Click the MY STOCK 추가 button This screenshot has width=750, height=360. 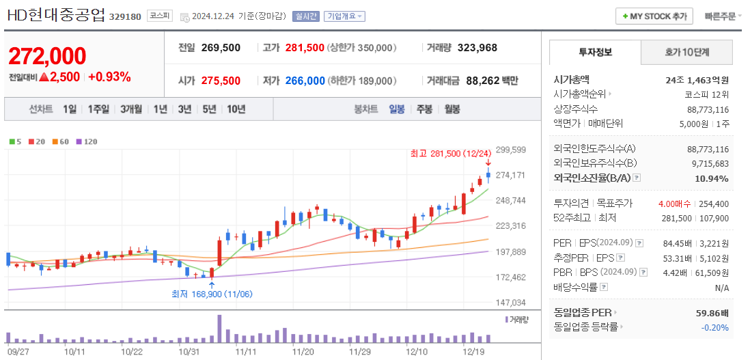coord(654,16)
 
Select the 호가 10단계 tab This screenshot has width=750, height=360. coord(686,52)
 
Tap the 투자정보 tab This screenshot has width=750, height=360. coord(595,52)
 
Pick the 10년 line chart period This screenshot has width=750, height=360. coord(236,109)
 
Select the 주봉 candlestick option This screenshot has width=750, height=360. coord(424,109)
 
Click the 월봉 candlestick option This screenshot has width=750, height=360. coord(452,109)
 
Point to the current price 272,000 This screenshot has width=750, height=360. coord(47,56)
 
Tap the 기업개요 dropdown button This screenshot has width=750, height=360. coord(344,16)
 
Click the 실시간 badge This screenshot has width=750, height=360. coord(305,16)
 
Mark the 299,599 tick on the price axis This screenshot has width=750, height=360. coord(510,150)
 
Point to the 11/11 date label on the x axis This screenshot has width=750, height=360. coord(245,352)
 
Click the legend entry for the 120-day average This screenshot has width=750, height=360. coord(86,141)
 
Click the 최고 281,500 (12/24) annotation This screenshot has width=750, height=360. coord(450,153)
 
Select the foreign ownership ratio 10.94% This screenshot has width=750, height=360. coord(712,178)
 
